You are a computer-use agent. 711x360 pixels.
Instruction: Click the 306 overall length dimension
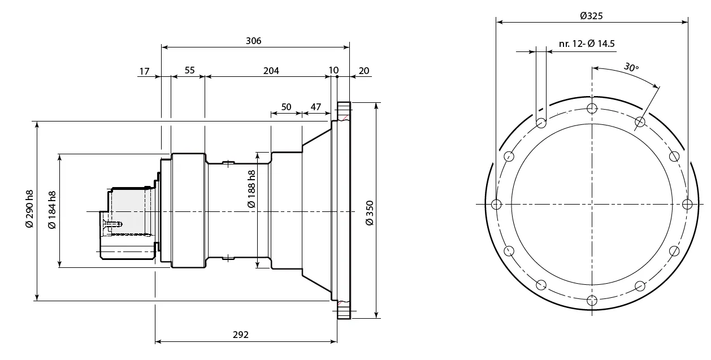[x=254, y=41]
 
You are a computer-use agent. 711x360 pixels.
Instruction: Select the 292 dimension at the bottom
[x=240, y=335]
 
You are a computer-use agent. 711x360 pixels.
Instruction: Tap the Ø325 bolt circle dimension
[x=591, y=16]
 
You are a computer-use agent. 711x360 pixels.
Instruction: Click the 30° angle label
[x=631, y=67]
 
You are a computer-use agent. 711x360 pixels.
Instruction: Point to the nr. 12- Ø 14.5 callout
[x=586, y=44]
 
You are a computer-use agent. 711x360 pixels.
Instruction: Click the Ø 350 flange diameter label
[x=370, y=212]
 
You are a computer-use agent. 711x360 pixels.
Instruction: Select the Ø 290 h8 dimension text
[x=30, y=209]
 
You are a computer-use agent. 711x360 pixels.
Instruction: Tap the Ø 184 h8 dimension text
[x=52, y=210]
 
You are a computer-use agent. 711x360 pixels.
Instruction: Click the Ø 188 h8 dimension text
[x=252, y=188]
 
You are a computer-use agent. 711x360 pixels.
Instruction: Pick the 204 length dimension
[x=271, y=71]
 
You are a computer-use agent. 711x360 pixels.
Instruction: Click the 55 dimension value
[x=189, y=71]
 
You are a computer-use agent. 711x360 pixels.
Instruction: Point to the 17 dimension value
[x=144, y=71]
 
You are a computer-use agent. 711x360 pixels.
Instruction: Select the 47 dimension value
[x=315, y=107]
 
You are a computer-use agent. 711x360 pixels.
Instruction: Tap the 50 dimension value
[x=286, y=107]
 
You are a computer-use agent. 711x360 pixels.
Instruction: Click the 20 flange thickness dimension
[x=364, y=71]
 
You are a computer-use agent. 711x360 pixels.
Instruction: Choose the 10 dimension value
[x=333, y=71]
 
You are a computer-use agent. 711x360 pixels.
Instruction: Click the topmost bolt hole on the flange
[x=592, y=109]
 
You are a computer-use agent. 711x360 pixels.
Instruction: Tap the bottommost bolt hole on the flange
[x=592, y=300]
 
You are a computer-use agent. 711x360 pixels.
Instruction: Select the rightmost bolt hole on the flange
[x=687, y=204]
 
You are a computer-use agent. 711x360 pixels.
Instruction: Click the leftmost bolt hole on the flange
[x=496, y=204]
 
